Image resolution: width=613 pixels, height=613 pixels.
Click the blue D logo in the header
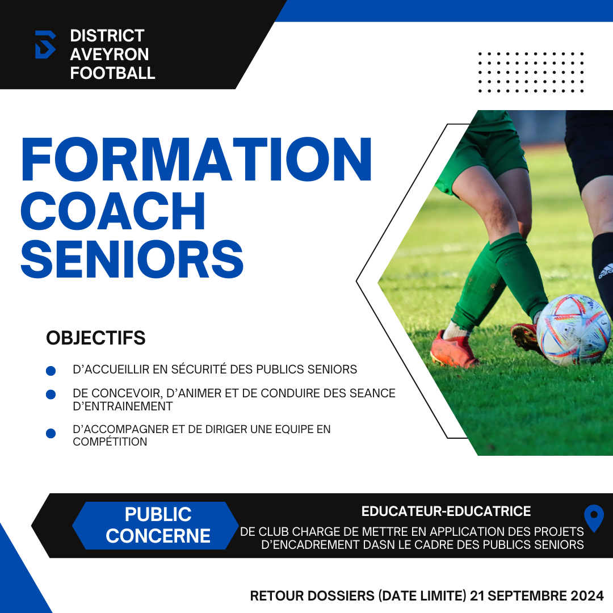45,45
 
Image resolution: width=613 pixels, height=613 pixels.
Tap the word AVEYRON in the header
110,54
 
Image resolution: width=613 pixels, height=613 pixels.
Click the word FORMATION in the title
196,159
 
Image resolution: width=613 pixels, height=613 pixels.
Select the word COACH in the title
113,211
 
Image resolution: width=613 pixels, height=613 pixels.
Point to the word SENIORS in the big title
132,259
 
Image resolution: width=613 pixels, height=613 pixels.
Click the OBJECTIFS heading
96,338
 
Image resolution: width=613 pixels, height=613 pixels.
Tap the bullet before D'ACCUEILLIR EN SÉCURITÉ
51,371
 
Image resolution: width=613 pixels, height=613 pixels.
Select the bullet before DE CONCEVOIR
51,394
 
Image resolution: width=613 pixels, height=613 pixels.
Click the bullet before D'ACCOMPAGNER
51,433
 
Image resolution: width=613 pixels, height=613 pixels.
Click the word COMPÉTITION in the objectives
110,442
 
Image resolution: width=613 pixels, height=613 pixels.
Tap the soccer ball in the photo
573,330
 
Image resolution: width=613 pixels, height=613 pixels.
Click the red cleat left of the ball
454,349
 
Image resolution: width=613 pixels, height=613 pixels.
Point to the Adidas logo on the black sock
606,271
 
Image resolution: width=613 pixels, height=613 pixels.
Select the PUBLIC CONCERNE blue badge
156,526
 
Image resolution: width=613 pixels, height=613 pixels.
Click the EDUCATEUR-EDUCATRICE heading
446,511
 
